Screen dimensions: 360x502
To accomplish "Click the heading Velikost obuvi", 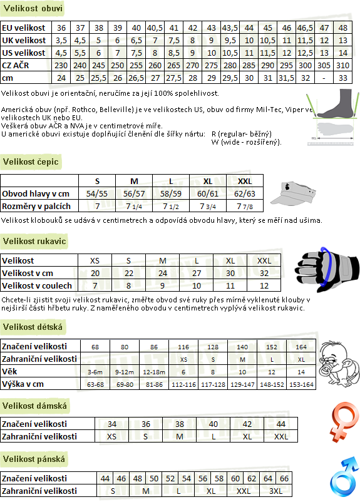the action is click(33, 8).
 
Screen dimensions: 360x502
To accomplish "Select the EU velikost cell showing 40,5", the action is click(155, 28).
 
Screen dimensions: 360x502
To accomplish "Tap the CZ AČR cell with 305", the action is click(324, 65).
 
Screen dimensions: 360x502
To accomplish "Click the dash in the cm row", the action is click(324, 78).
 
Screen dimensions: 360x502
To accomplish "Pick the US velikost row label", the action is click(24, 53).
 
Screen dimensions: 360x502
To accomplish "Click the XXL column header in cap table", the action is click(245, 181).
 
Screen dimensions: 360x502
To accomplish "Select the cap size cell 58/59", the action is click(171, 193).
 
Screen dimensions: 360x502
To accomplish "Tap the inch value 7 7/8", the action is click(245, 207).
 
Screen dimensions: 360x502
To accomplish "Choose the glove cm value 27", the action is click(197, 274).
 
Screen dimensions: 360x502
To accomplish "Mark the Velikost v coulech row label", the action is click(37, 285).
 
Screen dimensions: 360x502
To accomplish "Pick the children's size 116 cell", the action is click(183, 347).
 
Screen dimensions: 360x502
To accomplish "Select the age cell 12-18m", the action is click(154, 372).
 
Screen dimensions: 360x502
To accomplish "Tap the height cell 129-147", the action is click(242, 384).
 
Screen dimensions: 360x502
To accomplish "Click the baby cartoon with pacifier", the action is click(339, 364).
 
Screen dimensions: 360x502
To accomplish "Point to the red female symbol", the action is click(344, 421).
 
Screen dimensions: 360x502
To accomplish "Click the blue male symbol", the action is click(344, 476).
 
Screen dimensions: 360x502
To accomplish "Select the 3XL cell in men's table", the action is click(275, 491).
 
